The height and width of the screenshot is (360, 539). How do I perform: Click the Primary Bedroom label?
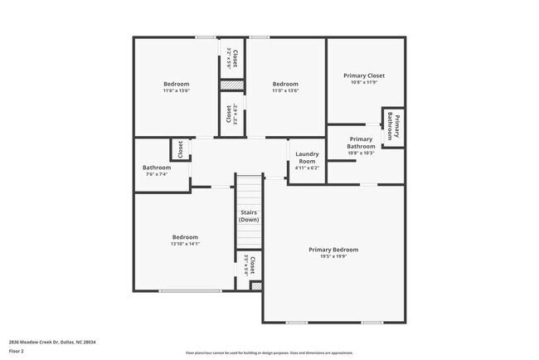(333, 250)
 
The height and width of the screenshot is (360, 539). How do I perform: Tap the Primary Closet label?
(364, 75)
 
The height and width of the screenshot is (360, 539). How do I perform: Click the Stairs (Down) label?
(249, 216)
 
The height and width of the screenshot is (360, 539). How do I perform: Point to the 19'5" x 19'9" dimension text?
(333, 257)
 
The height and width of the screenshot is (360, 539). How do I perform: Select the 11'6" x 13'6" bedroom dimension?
(176, 91)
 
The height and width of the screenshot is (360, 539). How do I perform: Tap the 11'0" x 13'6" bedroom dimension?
(285, 91)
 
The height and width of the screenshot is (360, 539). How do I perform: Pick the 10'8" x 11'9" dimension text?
(364, 83)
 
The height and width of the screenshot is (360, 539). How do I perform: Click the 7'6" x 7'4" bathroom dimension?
(157, 174)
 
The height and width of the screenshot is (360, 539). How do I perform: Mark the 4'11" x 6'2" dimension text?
(307, 168)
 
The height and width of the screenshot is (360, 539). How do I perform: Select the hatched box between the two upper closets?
(231, 85)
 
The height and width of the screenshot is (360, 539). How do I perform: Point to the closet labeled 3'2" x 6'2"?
(231, 114)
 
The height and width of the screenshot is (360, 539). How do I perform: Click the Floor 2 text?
(17, 352)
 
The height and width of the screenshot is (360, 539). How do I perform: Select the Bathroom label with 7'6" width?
(157, 167)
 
